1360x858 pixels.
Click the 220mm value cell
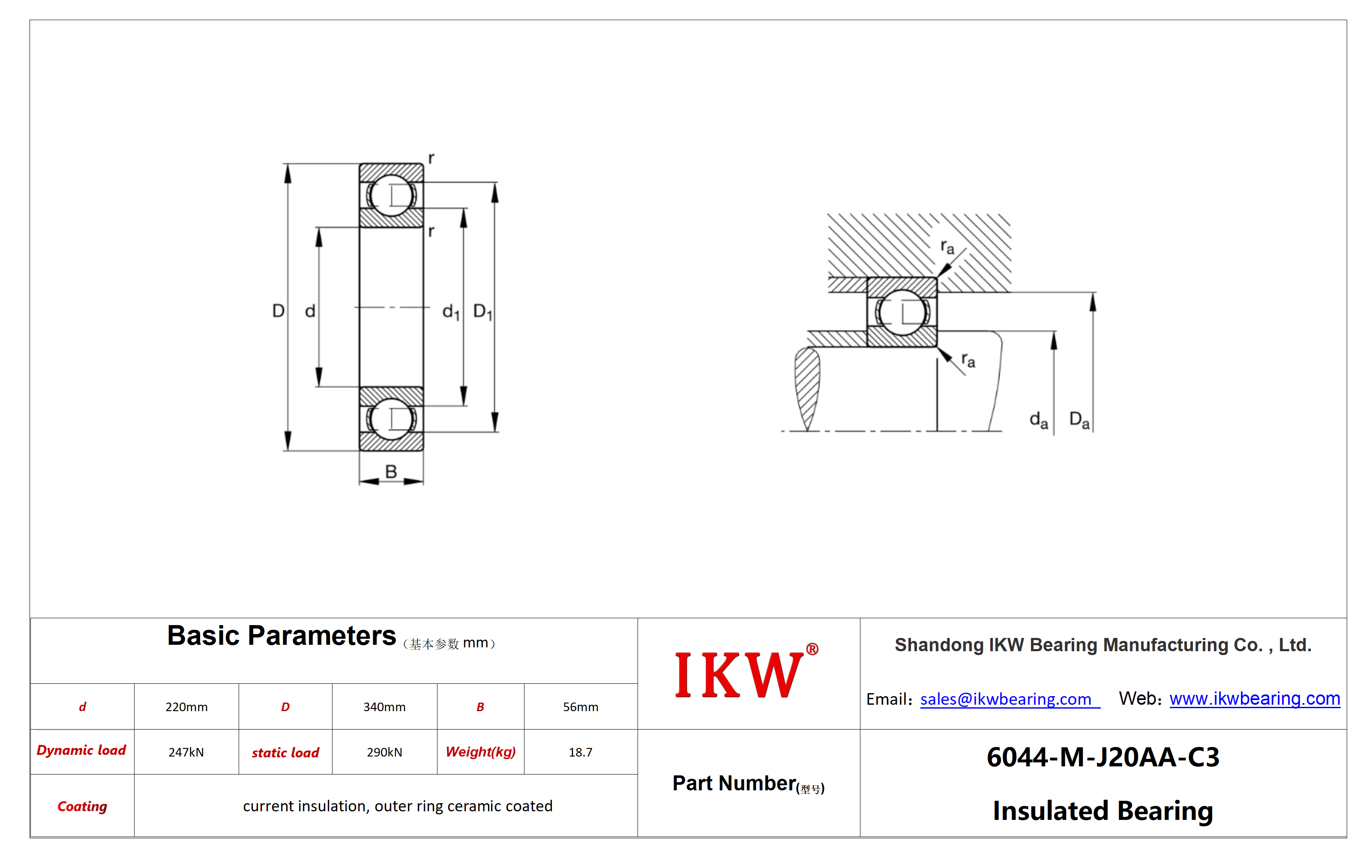186,707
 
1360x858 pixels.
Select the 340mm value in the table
384,707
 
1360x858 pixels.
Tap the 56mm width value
580,707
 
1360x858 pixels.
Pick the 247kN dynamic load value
186,752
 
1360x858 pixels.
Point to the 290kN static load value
384,752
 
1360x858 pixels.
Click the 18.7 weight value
580,752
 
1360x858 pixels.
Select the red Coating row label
82,807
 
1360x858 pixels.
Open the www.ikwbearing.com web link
1255,699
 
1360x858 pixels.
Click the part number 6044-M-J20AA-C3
1103,757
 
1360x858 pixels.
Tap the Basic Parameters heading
281,636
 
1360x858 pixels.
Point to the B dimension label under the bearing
391,471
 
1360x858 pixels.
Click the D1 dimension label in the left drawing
483,312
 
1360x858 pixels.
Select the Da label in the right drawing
1079,420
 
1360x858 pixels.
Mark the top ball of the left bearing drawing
391,195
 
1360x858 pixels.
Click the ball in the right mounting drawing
902,312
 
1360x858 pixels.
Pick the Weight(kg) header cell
481,752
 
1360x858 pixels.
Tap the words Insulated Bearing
1103,810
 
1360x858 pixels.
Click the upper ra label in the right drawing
947,247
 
